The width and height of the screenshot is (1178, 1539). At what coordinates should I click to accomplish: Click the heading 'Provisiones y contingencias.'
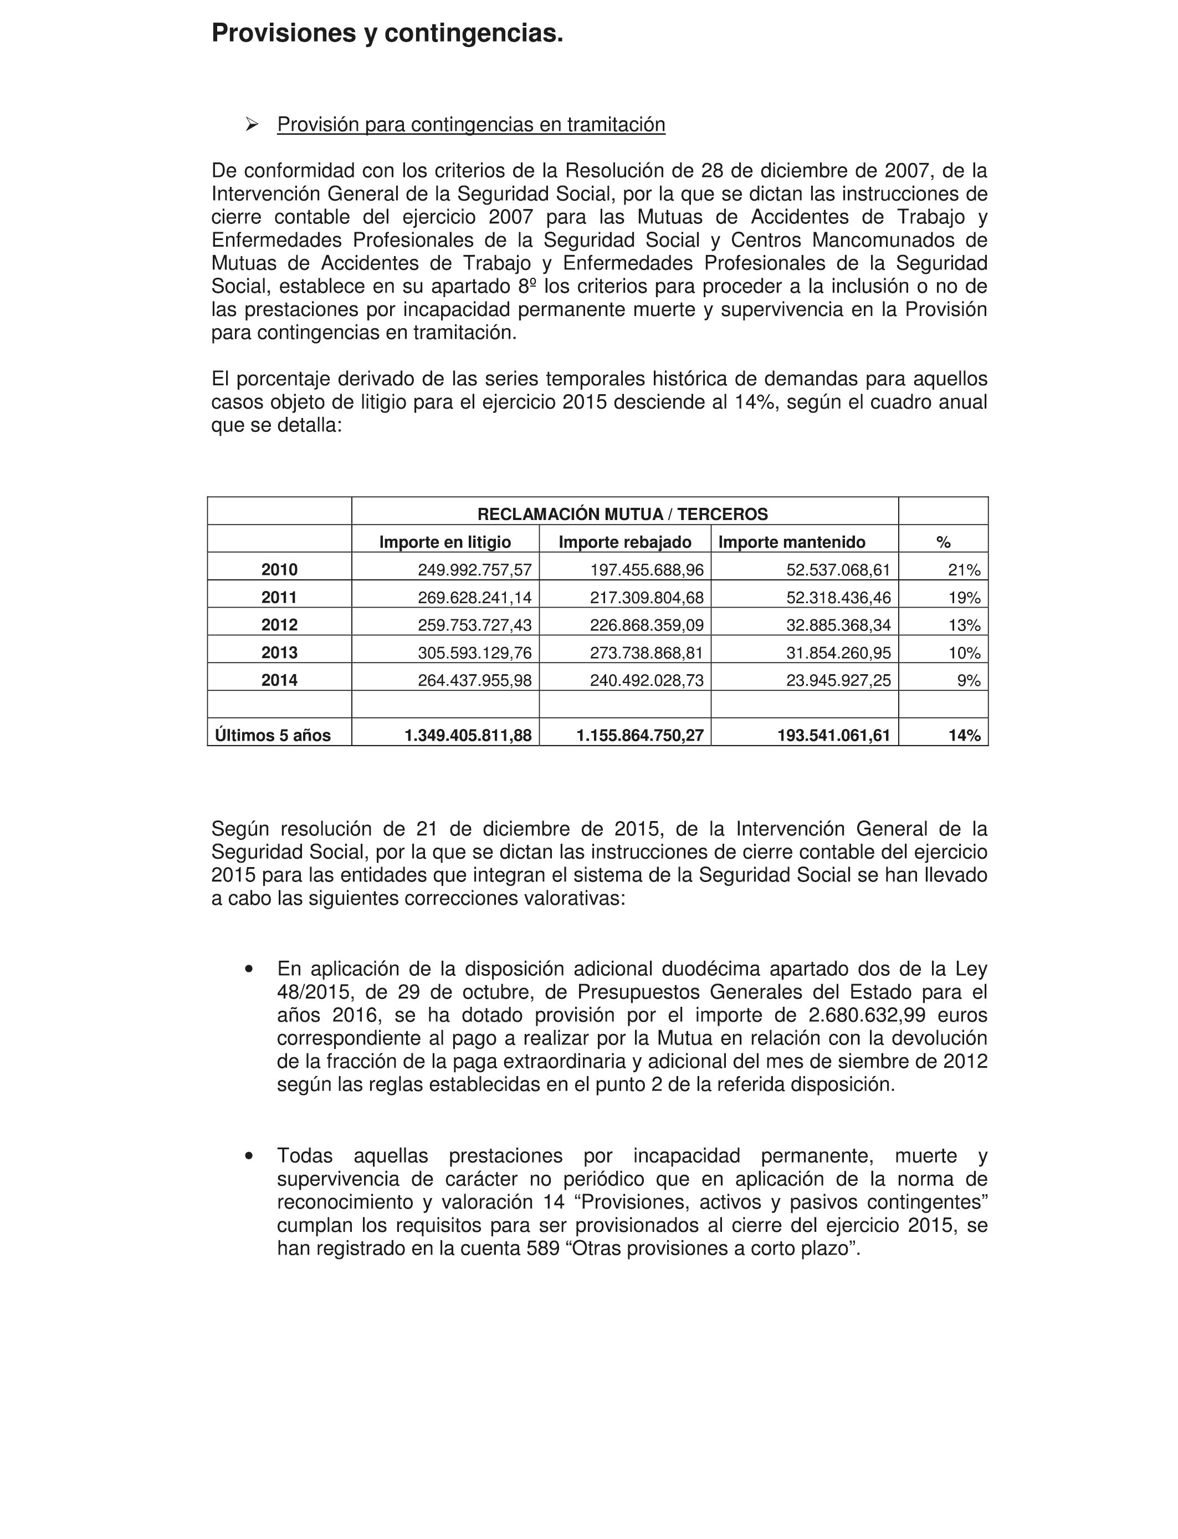[x=387, y=33]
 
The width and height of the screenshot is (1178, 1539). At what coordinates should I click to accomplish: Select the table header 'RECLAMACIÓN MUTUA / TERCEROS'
[x=623, y=514]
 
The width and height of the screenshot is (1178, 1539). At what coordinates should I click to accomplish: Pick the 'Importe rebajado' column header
[x=625, y=542]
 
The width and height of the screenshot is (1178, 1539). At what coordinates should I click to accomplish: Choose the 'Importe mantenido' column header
[x=792, y=542]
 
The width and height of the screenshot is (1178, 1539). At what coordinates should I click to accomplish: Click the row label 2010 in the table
[x=279, y=569]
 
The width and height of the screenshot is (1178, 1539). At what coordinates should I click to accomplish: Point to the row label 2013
[x=279, y=653]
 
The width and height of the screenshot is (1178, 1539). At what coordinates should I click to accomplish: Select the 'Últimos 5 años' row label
[x=273, y=735]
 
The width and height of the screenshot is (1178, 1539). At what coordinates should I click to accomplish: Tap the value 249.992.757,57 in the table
[x=475, y=569]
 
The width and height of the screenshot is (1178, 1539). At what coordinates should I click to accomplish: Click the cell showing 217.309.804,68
[x=647, y=598]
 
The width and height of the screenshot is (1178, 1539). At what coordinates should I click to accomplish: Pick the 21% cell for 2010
[x=964, y=569]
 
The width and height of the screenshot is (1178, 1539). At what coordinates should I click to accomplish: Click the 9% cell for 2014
[x=969, y=680]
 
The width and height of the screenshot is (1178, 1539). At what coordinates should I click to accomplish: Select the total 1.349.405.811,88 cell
[x=468, y=735]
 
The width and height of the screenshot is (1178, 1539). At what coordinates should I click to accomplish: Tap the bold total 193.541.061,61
[x=834, y=735]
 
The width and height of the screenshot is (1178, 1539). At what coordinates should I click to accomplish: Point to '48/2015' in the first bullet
[x=311, y=992]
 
